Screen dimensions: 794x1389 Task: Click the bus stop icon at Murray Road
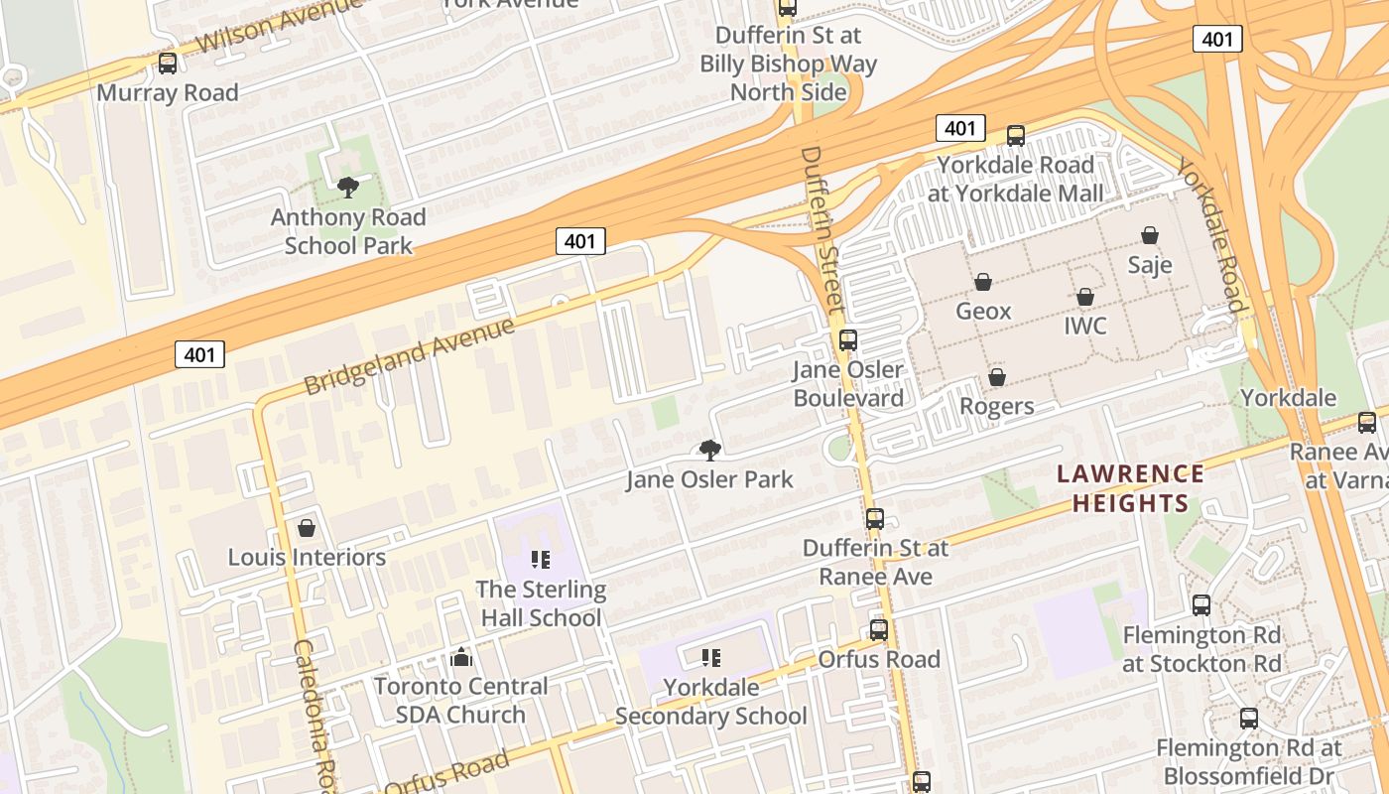click(x=168, y=64)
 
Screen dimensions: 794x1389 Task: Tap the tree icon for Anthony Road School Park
click(x=347, y=187)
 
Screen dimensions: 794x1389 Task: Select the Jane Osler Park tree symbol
click(x=709, y=450)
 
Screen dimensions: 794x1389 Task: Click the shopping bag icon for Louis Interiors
click(x=307, y=528)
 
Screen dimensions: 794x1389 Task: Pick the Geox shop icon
click(x=983, y=283)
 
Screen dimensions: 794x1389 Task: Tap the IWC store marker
click(x=1085, y=297)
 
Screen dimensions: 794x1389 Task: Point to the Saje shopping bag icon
click(x=1150, y=235)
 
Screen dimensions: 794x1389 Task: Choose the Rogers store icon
click(x=997, y=377)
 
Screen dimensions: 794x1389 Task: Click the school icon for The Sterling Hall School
click(x=540, y=560)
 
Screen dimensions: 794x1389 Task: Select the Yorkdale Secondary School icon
click(x=710, y=657)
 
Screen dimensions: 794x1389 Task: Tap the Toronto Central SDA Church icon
click(x=460, y=657)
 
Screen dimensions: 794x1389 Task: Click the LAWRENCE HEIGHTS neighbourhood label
click(x=1130, y=488)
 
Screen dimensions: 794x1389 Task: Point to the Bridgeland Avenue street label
click(x=409, y=355)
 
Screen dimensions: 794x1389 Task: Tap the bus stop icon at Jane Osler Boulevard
click(x=848, y=340)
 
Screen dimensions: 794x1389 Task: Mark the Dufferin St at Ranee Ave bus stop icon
click(x=874, y=518)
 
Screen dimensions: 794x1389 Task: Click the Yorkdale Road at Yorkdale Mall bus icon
click(x=1015, y=136)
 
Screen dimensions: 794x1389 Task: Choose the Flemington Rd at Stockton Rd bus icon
click(x=1201, y=604)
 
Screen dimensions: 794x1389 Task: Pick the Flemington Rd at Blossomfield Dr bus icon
click(x=1249, y=718)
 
